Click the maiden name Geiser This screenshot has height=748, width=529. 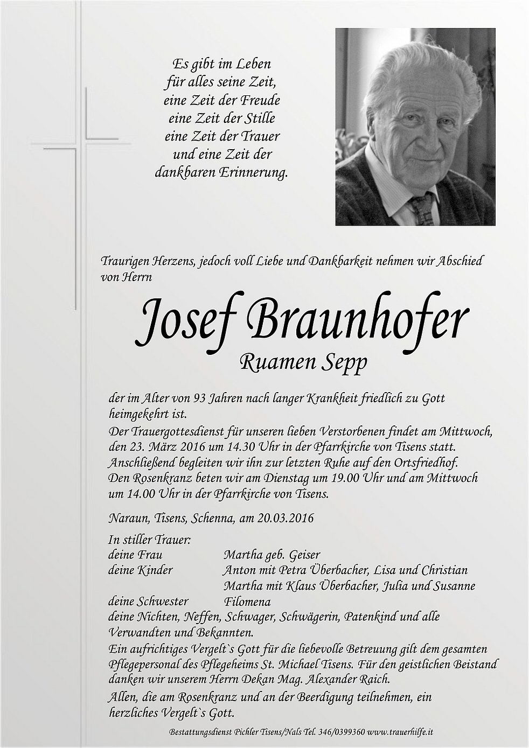[304, 554]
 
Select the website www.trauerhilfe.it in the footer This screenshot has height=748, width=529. [399, 732]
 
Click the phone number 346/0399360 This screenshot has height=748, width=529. [339, 732]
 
